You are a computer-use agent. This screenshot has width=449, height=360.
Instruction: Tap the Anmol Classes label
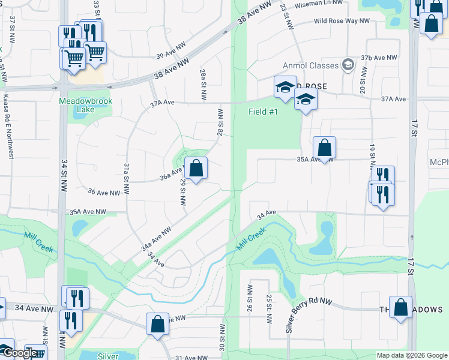pos(312,65)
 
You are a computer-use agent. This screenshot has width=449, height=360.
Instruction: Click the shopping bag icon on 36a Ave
pos(196,169)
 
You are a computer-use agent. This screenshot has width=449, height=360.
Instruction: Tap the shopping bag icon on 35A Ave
pos(324,148)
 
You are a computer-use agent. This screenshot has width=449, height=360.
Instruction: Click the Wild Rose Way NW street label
pos(342,21)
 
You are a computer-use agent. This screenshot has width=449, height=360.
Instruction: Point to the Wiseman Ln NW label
pos(321,5)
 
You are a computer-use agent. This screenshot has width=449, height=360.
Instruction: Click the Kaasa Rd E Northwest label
pos(8,125)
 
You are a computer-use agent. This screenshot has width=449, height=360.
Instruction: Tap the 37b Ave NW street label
pos(379,58)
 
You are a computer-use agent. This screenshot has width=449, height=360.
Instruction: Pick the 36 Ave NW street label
pos(104,192)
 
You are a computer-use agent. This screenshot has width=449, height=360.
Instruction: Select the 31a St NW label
pos(127,178)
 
